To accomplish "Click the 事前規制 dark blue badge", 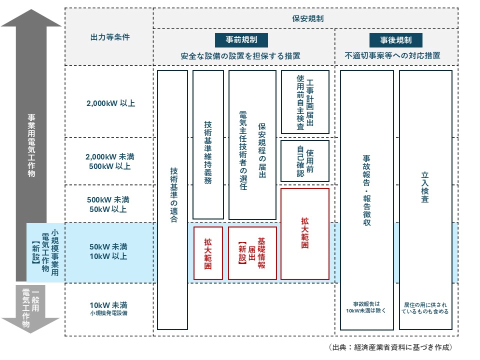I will pos(243,40).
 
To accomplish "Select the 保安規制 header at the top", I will pos(307,18).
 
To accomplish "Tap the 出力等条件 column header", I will pos(109,37).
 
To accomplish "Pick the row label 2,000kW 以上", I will pos(110,103).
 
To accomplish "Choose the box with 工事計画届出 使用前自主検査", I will pos(305,102).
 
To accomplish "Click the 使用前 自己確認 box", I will pos(305,161).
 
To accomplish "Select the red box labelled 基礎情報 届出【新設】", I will pos(252,253).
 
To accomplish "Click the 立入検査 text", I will pos(425,187).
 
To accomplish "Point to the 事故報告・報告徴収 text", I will pos(366,190).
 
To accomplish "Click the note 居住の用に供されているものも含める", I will pos(425,307).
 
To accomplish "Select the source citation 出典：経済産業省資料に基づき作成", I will pos(390,347).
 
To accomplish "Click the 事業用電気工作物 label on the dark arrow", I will pos(31,145).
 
